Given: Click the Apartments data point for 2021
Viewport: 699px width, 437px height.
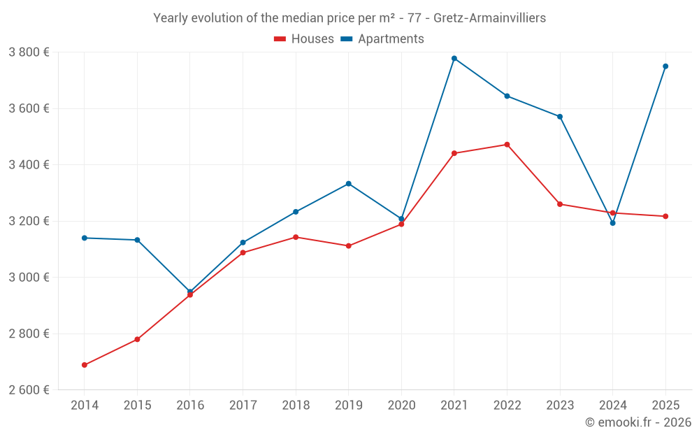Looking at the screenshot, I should [x=454, y=58].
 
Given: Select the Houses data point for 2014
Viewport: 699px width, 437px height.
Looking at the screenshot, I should [x=85, y=365].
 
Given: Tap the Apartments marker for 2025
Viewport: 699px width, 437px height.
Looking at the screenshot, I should [x=665, y=66].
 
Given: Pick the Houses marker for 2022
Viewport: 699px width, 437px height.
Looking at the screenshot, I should [x=507, y=145].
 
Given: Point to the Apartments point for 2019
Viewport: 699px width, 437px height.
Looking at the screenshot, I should [x=349, y=184].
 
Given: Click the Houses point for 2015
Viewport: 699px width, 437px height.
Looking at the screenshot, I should [x=137, y=339].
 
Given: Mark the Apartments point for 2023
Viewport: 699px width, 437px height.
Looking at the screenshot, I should [x=560, y=117].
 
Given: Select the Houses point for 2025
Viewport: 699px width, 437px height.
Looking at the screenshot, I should [x=665, y=216].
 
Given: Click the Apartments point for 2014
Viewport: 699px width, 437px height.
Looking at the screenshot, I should [x=85, y=238].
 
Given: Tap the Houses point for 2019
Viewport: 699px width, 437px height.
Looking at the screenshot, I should [x=349, y=246].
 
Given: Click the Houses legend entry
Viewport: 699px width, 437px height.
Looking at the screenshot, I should [x=304, y=39].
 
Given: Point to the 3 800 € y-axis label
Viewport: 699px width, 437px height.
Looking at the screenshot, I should [x=29, y=52].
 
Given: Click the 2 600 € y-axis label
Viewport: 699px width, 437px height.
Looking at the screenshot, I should [x=29, y=389].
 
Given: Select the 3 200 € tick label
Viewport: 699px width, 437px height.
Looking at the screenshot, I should [x=29, y=221].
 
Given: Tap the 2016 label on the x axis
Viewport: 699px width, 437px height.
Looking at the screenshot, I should [x=190, y=406].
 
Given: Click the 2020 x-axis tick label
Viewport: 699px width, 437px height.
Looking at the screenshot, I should [x=401, y=406].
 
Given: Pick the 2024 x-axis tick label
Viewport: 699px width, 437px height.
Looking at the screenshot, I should [x=613, y=406].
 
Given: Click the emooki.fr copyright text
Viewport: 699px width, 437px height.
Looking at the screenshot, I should [x=638, y=422].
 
